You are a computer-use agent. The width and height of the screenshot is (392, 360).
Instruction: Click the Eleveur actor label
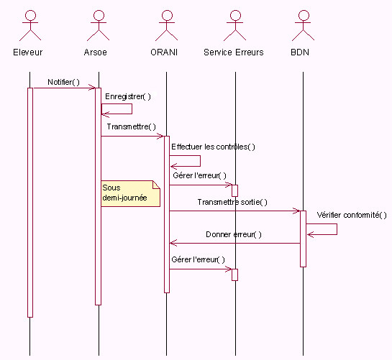(x=28, y=52)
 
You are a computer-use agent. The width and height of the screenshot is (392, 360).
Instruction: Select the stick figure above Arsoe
(x=99, y=25)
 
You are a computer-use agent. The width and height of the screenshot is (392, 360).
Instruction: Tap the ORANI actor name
(x=164, y=52)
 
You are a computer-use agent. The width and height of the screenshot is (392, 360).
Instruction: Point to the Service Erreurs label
(x=234, y=52)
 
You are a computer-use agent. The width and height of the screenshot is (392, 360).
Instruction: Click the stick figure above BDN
(x=304, y=25)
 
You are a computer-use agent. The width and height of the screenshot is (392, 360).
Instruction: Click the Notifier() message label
(x=63, y=82)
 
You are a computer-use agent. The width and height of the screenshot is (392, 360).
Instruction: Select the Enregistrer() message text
(x=128, y=97)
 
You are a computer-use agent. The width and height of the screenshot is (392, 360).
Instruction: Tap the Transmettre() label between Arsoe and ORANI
(x=131, y=126)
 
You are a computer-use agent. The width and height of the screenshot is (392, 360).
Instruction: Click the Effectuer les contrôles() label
(x=213, y=147)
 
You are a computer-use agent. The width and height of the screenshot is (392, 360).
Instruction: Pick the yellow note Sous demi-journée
(x=130, y=193)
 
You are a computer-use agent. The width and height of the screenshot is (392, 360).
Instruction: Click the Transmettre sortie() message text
(x=232, y=202)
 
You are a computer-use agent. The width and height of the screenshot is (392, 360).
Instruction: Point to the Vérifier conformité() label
(x=352, y=215)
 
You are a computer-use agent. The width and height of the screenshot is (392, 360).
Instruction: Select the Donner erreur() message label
(x=234, y=234)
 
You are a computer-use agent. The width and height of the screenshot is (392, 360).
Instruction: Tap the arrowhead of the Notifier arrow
(x=92, y=88)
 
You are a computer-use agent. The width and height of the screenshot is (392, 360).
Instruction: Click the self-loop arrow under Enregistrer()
(x=132, y=109)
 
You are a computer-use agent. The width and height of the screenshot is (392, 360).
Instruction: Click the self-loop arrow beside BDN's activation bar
(x=337, y=229)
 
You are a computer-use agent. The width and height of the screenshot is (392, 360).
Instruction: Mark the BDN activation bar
(x=303, y=239)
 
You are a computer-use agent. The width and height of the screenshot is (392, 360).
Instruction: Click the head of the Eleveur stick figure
(x=30, y=15)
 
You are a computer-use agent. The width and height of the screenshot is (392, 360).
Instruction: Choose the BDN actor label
(x=300, y=52)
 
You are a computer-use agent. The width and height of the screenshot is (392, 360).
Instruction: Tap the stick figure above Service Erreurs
(x=235, y=25)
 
